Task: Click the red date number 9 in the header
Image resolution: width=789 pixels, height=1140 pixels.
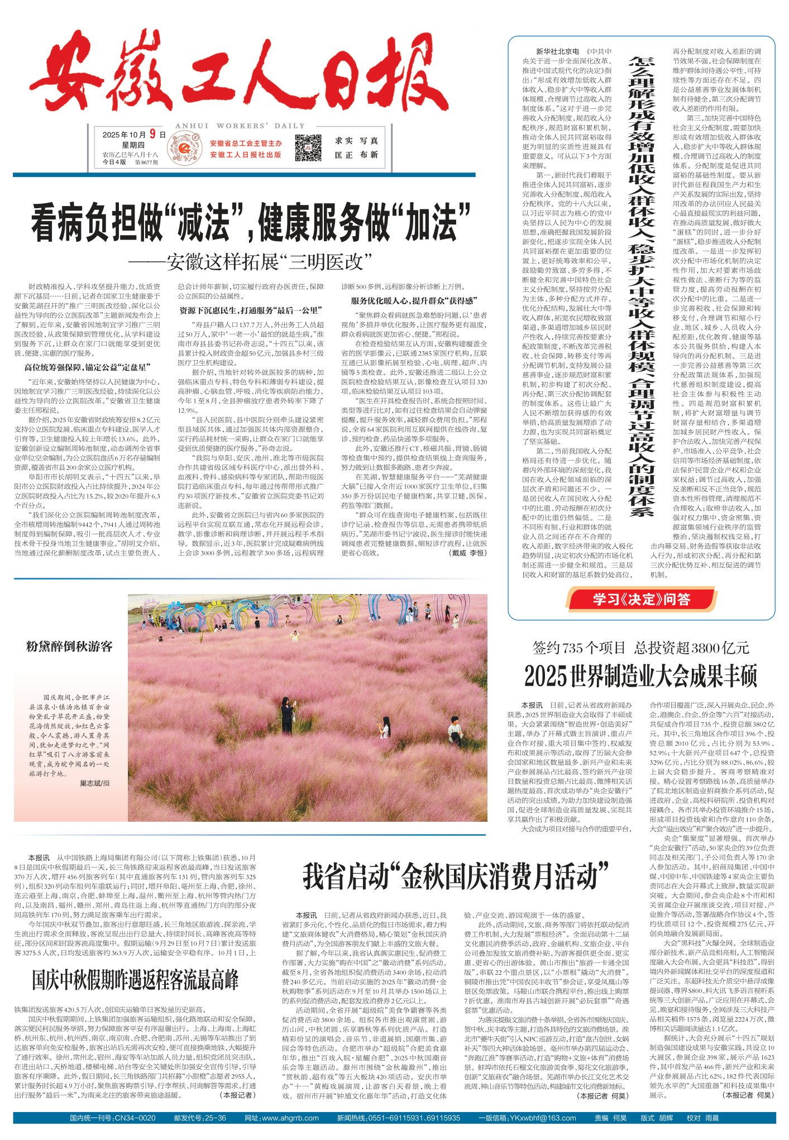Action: pos(152,134)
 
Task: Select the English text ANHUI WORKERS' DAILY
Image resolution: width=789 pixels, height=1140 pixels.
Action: pos(240,126)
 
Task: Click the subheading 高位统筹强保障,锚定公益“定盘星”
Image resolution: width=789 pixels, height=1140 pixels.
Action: pos(87,367)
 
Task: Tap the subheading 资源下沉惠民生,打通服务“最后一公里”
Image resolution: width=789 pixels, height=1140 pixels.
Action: pos(251,310)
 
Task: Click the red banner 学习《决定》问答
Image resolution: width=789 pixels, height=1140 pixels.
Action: pos(642,600)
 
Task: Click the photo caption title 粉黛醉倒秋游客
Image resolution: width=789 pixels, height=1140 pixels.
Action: pos(69,646)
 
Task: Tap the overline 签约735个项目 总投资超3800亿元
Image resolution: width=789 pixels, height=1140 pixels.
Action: pos(640,648)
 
